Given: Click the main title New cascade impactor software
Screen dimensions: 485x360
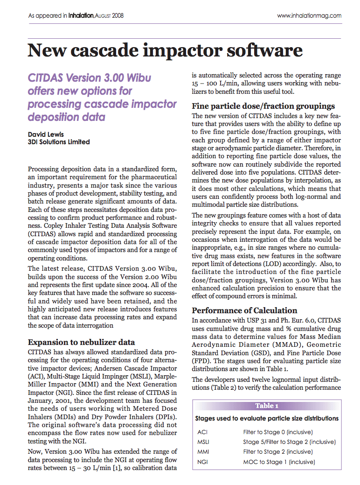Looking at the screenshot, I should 165,50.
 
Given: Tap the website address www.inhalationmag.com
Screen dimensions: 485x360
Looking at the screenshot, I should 309,15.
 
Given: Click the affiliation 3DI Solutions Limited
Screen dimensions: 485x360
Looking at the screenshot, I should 59,142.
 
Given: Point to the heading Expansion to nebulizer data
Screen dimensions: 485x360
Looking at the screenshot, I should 82,342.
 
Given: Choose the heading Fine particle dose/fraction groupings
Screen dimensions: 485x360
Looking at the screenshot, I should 263,105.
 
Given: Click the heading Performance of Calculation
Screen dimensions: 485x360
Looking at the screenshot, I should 244,310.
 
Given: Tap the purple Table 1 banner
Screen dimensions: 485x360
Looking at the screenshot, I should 267,406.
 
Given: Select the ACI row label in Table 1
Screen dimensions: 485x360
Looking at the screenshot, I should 202,432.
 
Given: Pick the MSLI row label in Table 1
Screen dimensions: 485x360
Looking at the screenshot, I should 204,442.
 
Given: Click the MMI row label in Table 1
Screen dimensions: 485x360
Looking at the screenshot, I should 203,452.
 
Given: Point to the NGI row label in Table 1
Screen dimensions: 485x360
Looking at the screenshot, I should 203,462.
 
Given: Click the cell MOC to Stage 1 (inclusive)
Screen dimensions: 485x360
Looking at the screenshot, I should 279,462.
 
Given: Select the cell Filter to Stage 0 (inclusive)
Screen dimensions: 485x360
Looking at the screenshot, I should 278,432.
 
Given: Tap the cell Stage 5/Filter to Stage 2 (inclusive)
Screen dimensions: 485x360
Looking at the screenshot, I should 290,442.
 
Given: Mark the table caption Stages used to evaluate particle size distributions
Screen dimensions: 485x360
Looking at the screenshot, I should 267,419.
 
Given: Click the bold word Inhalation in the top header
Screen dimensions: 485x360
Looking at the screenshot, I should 81,15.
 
